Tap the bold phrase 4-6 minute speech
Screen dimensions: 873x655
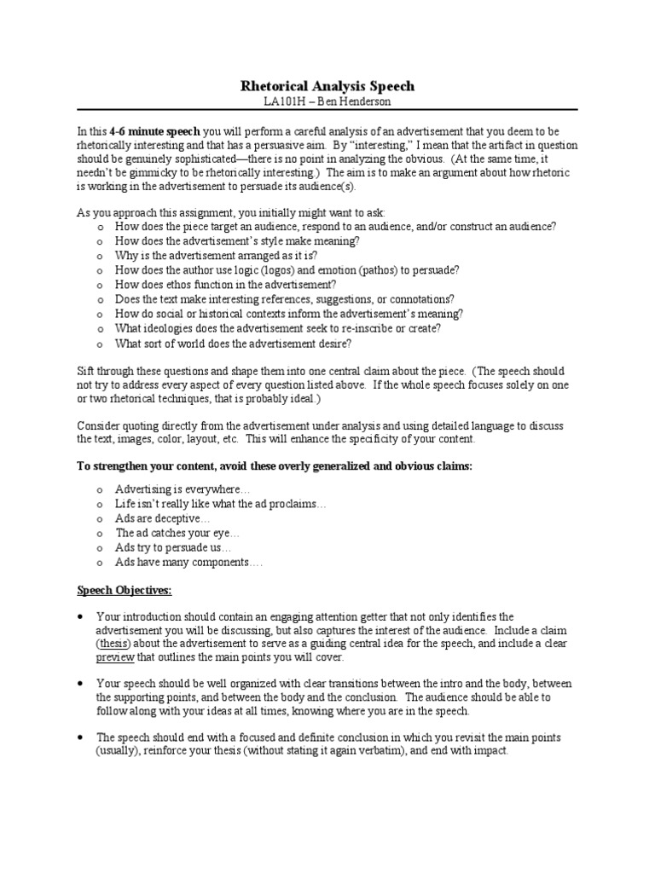154,132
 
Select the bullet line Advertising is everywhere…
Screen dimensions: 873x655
183,489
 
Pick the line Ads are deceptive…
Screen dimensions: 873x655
162,518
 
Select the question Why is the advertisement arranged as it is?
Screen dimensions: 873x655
217,255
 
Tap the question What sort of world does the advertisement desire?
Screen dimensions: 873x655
233,344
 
